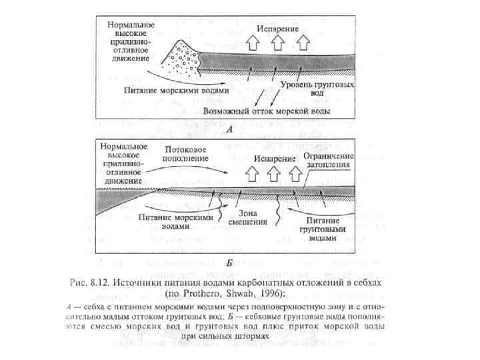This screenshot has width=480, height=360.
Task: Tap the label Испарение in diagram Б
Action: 273,159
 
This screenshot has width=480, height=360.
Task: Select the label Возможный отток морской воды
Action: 269,107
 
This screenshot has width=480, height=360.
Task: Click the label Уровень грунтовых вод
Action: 317,90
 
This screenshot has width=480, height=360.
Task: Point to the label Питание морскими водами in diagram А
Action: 177,89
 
